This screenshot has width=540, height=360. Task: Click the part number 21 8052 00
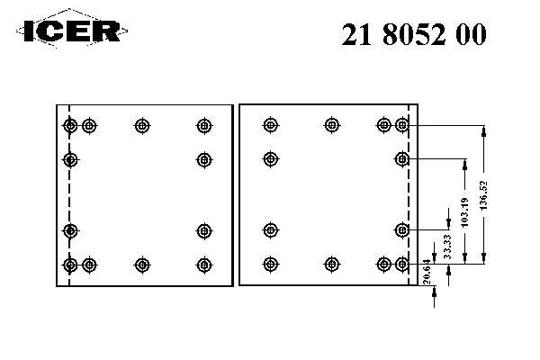pos(415,34)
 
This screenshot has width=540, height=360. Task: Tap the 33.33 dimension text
pos(448,244)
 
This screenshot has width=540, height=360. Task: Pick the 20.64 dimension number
pos(426,269)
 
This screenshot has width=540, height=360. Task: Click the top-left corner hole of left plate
pos(71,126)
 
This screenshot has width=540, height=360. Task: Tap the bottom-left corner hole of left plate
pos(71,265)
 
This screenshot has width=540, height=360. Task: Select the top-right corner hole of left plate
pos(204,126)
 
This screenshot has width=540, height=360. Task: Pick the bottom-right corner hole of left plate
pos(204,265)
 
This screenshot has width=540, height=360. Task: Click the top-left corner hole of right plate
pos(270,126)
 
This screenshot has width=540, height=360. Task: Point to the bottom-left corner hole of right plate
pos(270,265)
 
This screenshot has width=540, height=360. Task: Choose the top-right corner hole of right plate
pos(402,126)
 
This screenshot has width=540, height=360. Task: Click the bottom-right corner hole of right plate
pos(402,265)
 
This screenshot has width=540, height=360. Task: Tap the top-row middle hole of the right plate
pos(332,126)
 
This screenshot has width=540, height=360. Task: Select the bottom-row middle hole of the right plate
pos(332,265)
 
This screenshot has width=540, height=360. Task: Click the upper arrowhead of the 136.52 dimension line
pos(485,131)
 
